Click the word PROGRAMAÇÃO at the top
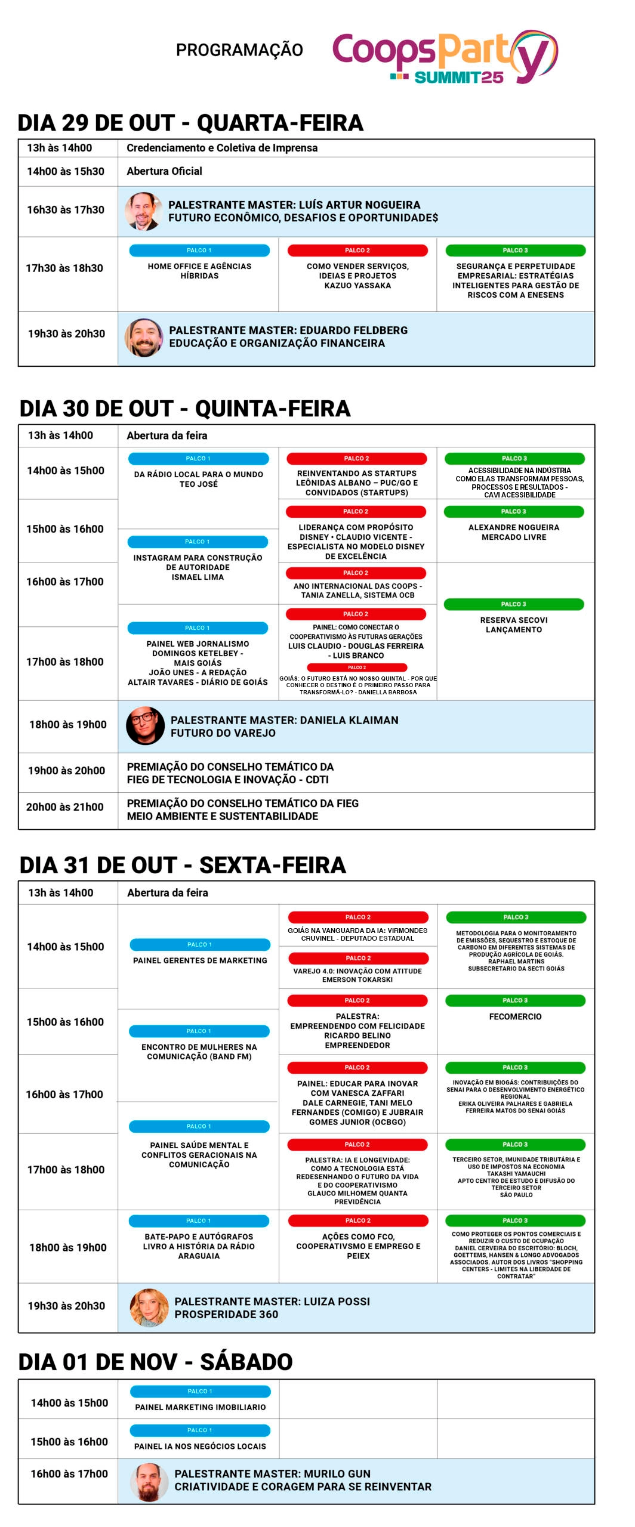point(239,50)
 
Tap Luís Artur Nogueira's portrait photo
point(144,211)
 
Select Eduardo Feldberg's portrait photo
point(144,337)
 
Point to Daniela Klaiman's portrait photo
point(145,725)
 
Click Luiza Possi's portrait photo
point(149,1307)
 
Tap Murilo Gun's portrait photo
point(149,1482)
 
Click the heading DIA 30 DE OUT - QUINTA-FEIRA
point(185,409)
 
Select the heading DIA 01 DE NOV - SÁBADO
point(156,1362)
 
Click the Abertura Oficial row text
point(164,171)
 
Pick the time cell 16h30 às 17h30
point(66,210)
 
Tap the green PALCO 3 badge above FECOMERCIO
point(515,1000)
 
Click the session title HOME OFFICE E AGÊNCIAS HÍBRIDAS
point(199,271)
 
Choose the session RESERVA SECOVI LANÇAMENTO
point(514,625)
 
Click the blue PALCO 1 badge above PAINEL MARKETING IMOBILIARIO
point(200,1391)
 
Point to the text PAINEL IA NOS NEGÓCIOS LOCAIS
point(200,1446)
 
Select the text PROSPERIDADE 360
point(226,1314)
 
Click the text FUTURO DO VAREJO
point(223,732)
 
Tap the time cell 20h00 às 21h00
point(65,807)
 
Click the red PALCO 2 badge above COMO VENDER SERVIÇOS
point(357,251)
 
